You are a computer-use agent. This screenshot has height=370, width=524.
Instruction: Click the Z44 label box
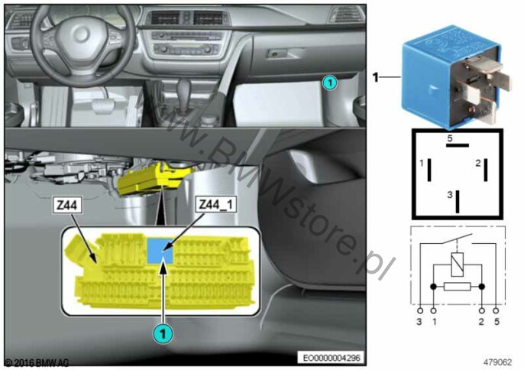point(67,205)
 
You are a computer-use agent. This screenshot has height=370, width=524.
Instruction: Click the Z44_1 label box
point(216,204)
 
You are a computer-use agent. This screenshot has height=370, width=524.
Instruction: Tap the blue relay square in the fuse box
point(160,251)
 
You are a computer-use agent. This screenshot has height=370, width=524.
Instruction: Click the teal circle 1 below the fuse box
point(163,334)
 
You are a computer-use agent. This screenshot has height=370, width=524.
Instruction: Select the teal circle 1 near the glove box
point(329,83)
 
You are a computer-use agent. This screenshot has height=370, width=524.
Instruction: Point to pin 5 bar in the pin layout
point(457,145)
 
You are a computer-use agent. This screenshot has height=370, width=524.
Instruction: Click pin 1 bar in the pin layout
point(429,170)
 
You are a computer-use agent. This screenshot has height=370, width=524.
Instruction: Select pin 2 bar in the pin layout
point(486,170)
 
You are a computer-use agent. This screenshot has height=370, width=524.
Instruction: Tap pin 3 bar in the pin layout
point(458,202)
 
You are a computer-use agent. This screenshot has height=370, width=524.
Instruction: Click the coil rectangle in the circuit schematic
point(457,265)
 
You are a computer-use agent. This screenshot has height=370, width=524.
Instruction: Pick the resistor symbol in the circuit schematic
point(457,287)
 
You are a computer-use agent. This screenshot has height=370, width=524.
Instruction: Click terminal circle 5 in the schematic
point(496,311)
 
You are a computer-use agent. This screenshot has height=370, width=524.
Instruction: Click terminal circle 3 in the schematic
point(420,311)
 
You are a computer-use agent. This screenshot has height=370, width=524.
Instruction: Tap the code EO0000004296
point(332,358)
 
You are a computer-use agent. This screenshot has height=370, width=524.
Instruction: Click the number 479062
point(497,362)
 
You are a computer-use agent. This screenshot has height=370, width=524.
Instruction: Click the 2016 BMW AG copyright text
point(37,362)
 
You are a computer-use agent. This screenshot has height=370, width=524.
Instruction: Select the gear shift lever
point(183,91)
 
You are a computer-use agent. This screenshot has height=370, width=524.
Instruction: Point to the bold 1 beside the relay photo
point(376,78)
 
